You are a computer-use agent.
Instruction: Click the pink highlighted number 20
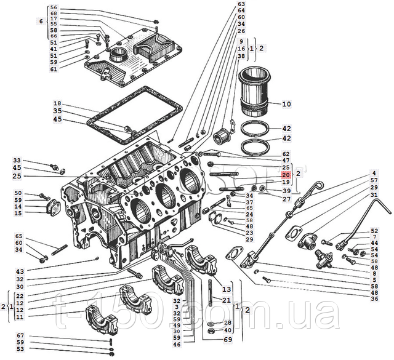(x=286, y=175)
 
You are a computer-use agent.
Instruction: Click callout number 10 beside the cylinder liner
(x=286, y=105)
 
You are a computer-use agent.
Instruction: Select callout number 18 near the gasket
(x=57, y=103)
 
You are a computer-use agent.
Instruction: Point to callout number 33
(x=17, y=160)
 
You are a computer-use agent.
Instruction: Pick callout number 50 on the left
(x=18, y=193)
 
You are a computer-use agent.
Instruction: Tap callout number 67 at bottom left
(x=20, y=336)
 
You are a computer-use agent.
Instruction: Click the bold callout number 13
(x=227, y=289)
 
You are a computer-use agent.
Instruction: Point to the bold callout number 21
(x=227, y=300)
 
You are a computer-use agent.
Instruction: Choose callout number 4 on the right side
(x=373, y=172)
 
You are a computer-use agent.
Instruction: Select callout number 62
(x=286, y=153)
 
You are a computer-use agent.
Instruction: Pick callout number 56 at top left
(x=54, y=8)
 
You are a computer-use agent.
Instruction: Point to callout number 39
(x=286, y=191)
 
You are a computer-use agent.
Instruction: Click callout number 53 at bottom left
(x=20, y=350)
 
